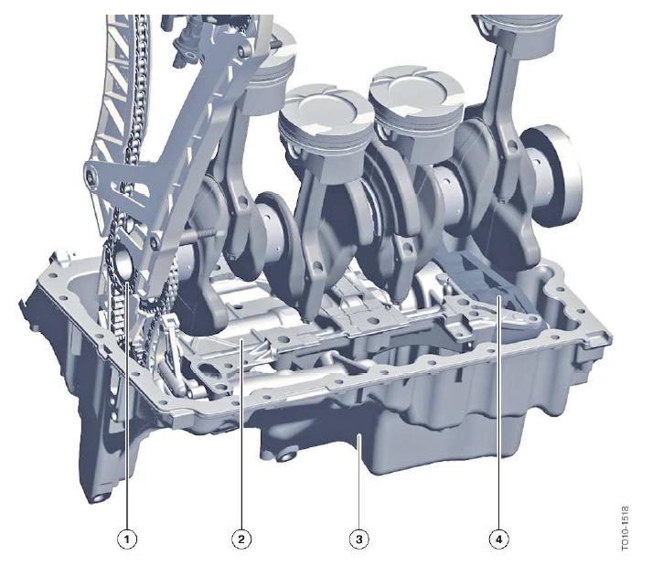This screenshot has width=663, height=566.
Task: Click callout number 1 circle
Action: pyautogui.click(x=127, y=539)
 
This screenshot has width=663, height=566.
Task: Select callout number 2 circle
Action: pyautogui.click(x=241, y=539)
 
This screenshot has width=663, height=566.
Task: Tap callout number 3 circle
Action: pyautogui.click(x=359, y=539)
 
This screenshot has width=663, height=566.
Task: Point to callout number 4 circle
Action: pyautogui.click(x=499, y=539)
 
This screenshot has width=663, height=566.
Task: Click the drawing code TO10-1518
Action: pyautogui.click(x=626, y=529)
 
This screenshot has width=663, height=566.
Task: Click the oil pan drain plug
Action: pyautogui.click(x=287, y=456)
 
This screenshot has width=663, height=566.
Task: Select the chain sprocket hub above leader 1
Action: pyautogui.click(x=123, y=263)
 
